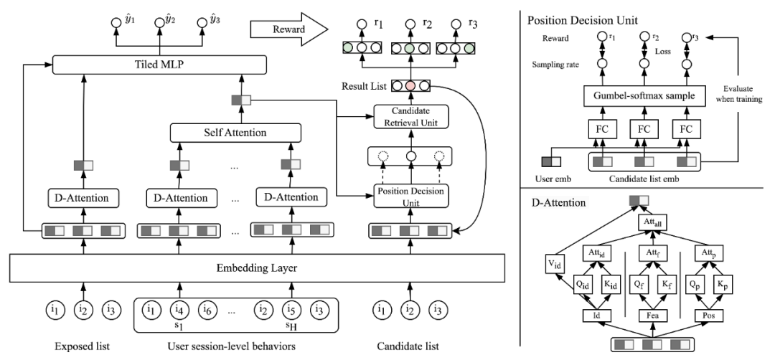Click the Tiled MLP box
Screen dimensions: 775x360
[159, 65]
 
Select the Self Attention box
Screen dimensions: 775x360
[235, 133]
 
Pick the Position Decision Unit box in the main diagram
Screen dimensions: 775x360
[410, 196]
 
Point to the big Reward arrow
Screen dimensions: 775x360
[289, 30]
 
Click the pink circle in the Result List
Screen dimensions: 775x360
[410, 85]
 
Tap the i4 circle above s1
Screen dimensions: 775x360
[180, 310]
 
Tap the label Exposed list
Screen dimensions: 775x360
[82, 346]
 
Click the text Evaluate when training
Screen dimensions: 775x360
[743, 95]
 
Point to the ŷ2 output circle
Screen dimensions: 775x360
[159, 23]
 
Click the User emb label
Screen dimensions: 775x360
[554, 179]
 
